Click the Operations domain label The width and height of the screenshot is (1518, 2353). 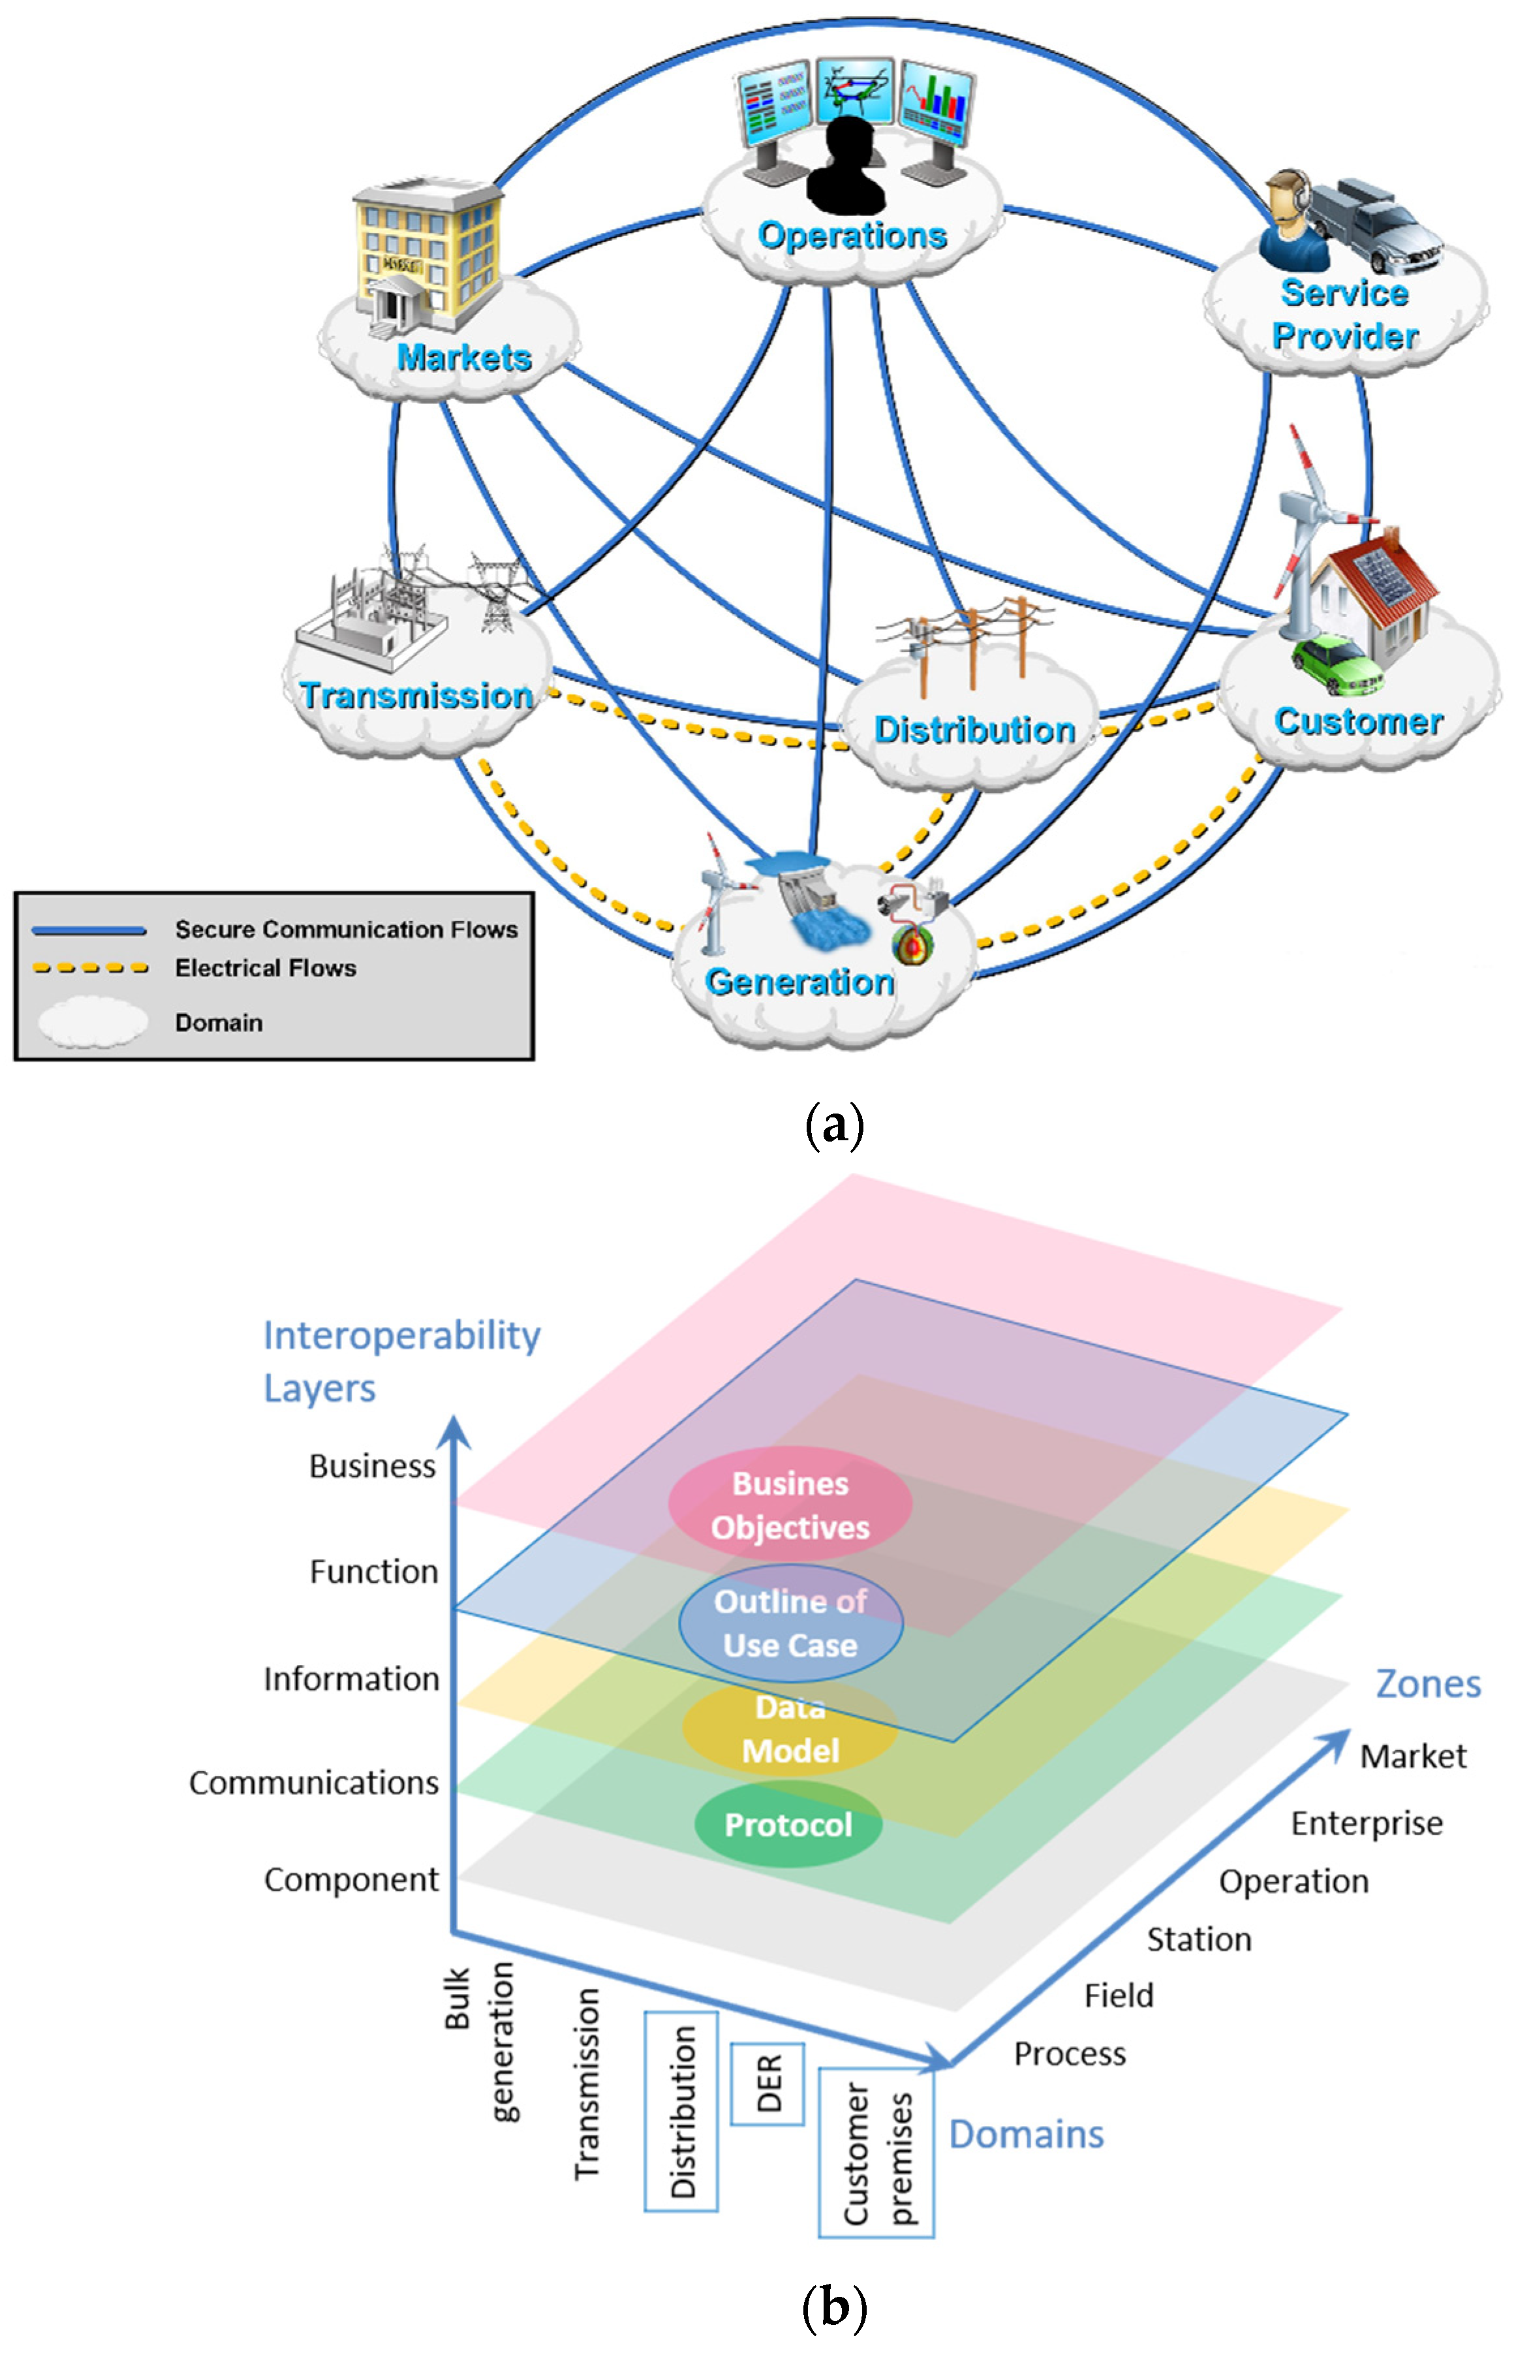pos(852,236)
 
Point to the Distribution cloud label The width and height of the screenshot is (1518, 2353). pos(974,730)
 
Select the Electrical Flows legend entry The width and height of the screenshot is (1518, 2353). pos(265,968)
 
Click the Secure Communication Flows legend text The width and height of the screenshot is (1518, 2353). pos(346,929)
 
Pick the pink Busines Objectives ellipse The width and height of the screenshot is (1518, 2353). pos(790,1504)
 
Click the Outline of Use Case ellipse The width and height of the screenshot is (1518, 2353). pos(790,1623)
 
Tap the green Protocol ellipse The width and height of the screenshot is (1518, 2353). pos(788,1824)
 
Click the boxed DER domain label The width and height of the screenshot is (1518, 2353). pos(768,2083)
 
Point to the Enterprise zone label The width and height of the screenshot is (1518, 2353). pos(1366,1824)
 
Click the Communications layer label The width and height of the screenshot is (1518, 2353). pos(313,1783)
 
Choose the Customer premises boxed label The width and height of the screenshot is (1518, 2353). pos(876,2153)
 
